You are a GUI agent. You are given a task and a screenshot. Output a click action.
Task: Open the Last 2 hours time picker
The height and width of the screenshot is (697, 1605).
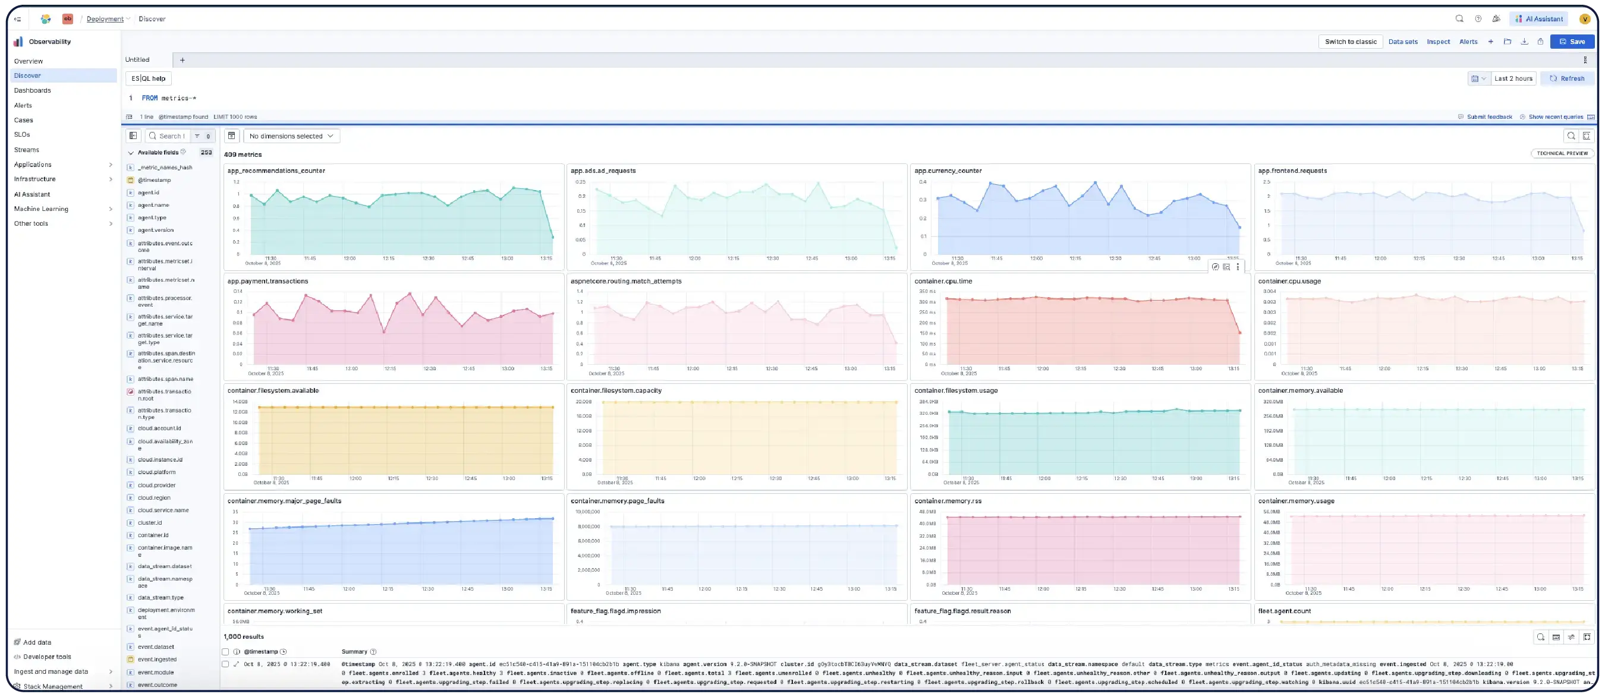coord(1513,78)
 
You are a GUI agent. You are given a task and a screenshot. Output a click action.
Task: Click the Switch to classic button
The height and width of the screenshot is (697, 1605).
coord(1350,42)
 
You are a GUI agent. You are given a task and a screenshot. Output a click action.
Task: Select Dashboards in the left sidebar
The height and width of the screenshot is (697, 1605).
coord(33,90)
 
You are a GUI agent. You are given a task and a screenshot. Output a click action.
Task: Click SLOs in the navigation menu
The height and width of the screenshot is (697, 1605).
coord(22,134)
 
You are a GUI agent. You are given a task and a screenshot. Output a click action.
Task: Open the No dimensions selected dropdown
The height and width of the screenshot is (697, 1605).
coord(291,136)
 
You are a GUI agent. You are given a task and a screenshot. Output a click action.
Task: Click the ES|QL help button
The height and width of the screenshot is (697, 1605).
coord(148,78)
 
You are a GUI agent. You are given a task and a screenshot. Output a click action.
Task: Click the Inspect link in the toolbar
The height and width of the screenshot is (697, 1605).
coord(1438,42)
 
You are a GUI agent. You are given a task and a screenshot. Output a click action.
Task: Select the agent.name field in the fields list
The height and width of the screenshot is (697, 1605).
coord(153,205)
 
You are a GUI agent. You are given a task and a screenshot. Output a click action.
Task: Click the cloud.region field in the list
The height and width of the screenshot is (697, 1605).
coord(154,498)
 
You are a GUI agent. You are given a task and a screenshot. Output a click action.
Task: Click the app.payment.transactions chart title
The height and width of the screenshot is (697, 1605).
coord(267,281)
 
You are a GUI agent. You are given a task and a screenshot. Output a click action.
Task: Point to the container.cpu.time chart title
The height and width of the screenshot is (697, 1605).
coord(943,281)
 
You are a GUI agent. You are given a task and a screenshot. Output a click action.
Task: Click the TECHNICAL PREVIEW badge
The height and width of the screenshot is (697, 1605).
coord(1562,153)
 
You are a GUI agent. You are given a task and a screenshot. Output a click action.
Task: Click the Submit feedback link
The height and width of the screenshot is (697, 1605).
coord(1488,116)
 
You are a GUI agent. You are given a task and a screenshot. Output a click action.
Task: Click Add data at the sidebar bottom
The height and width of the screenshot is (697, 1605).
coord(37,642)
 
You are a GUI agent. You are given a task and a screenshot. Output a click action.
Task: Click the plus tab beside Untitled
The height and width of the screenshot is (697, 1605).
coord(182,60)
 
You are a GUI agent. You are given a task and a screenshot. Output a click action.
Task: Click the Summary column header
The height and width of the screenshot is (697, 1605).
coord(354,651)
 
